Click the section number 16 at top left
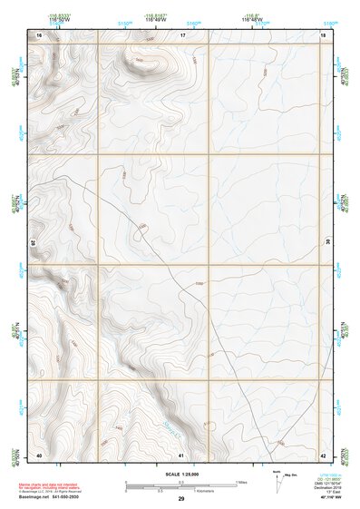click(39, 34)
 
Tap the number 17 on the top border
click(182, 34)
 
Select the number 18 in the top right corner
click(324, 34)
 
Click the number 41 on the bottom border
click(181, 455)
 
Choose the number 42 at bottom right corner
click(324, 455)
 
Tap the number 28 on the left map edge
click(33, 243)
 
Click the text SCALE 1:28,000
click(181, 474)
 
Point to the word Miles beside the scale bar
click(240, 482)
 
